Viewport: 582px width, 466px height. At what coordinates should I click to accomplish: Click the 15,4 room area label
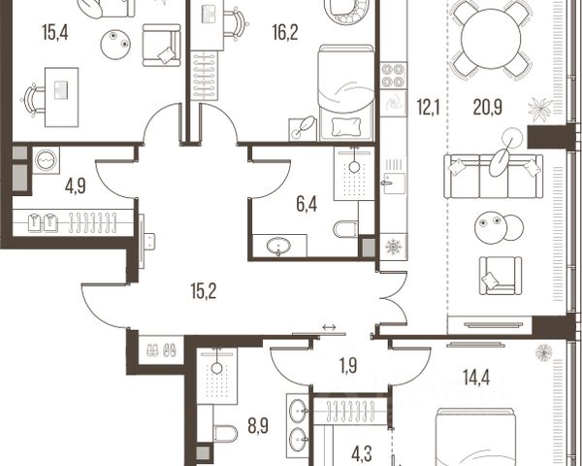(55, 32)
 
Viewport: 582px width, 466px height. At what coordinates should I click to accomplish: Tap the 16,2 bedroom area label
(285, 32)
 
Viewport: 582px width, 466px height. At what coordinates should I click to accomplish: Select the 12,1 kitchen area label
(428, 108)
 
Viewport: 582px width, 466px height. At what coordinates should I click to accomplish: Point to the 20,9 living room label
(488, 108)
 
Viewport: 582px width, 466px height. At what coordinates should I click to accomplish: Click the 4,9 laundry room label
(76, 185)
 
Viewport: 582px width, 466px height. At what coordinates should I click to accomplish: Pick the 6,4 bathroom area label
(307, 205)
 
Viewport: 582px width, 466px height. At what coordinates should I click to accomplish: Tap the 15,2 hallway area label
(204, 291)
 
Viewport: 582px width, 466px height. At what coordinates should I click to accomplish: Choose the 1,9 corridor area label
(348, 366)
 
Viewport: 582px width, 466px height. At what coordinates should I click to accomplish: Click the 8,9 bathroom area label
(258, 425)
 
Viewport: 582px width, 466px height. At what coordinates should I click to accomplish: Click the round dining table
(491, 38)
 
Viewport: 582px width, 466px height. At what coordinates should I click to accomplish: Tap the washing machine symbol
(46, 160)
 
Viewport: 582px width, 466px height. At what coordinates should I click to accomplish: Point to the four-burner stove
(394, 76)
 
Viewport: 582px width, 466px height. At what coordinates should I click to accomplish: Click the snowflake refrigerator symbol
(394, 247)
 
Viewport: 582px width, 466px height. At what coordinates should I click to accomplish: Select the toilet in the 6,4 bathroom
(346, 229)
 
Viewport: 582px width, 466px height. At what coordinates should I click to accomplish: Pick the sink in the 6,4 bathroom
(278, 246)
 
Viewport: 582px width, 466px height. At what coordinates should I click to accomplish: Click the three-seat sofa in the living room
(494, 176)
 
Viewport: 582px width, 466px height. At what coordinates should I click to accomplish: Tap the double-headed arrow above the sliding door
(329, 327)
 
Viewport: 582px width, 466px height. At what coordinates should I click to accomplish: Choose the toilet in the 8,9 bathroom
(226, 433)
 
